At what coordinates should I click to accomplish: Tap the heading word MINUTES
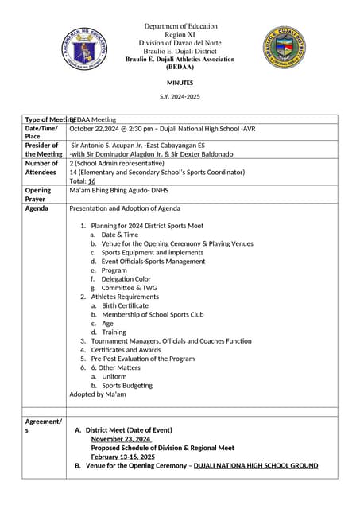(180, 83)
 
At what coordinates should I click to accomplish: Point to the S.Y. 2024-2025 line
(180, 96)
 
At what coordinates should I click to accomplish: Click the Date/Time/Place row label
(41, 132)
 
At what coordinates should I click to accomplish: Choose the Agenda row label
(37, 208)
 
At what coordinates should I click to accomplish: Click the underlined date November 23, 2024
(121, 439)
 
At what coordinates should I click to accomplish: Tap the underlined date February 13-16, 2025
(123, 457)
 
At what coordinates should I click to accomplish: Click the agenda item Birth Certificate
(125, 305)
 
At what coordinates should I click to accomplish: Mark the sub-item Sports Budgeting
(126, 386)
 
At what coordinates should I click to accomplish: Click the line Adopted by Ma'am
(98, 394)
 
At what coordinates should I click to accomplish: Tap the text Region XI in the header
(180, 36)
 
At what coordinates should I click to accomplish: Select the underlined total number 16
(91, 181)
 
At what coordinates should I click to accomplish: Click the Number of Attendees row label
(42, 168)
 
